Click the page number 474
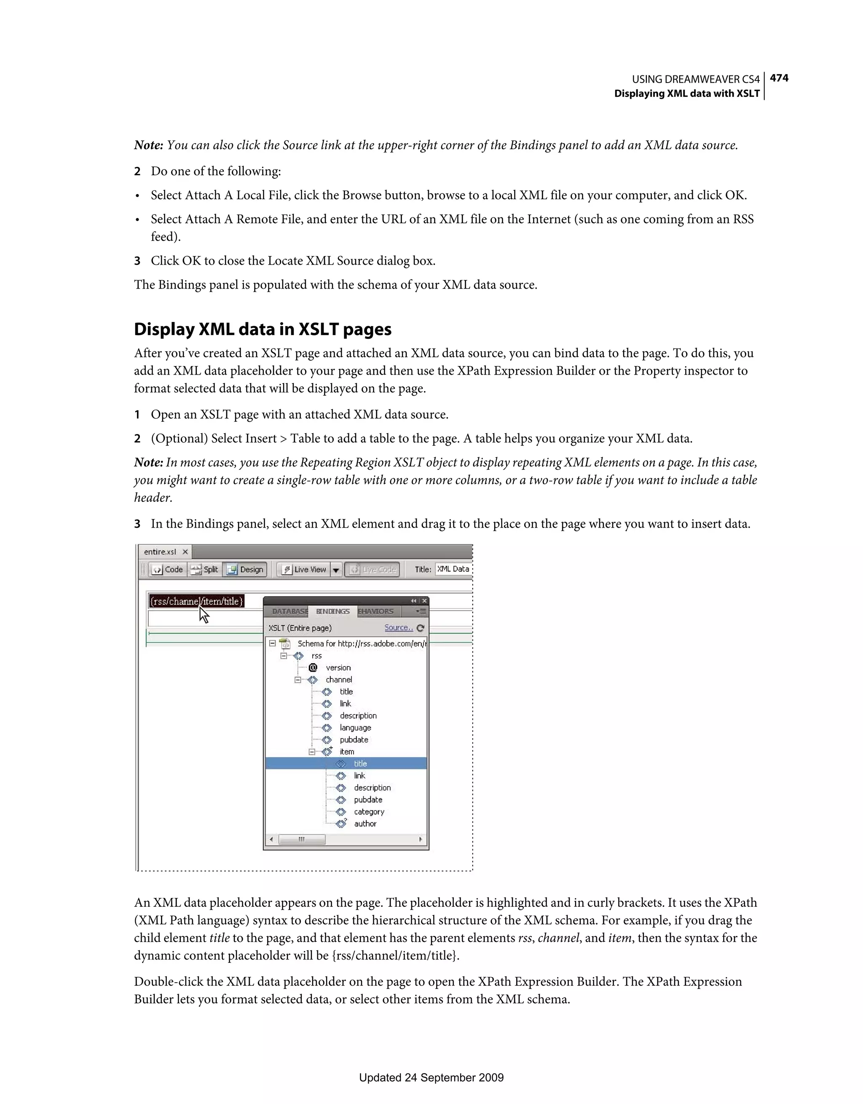(779, 78)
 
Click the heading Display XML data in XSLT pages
(263, 330)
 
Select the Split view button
(205, 570)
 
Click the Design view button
(245, 570)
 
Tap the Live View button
(304, 570)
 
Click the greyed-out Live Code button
(373, 570)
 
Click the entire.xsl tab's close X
(185, 552)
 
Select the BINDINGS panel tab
(332, 612)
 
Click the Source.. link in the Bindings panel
(398, 628)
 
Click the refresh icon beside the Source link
(421, 628)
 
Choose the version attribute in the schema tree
(338, 668)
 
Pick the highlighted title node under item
(360, 764)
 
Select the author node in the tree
(365, 824)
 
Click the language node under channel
(355, 728)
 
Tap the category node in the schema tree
(369, 812)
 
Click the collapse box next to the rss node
(284, 656)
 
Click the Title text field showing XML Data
(453, 569)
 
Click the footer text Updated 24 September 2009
(431, 1078)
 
